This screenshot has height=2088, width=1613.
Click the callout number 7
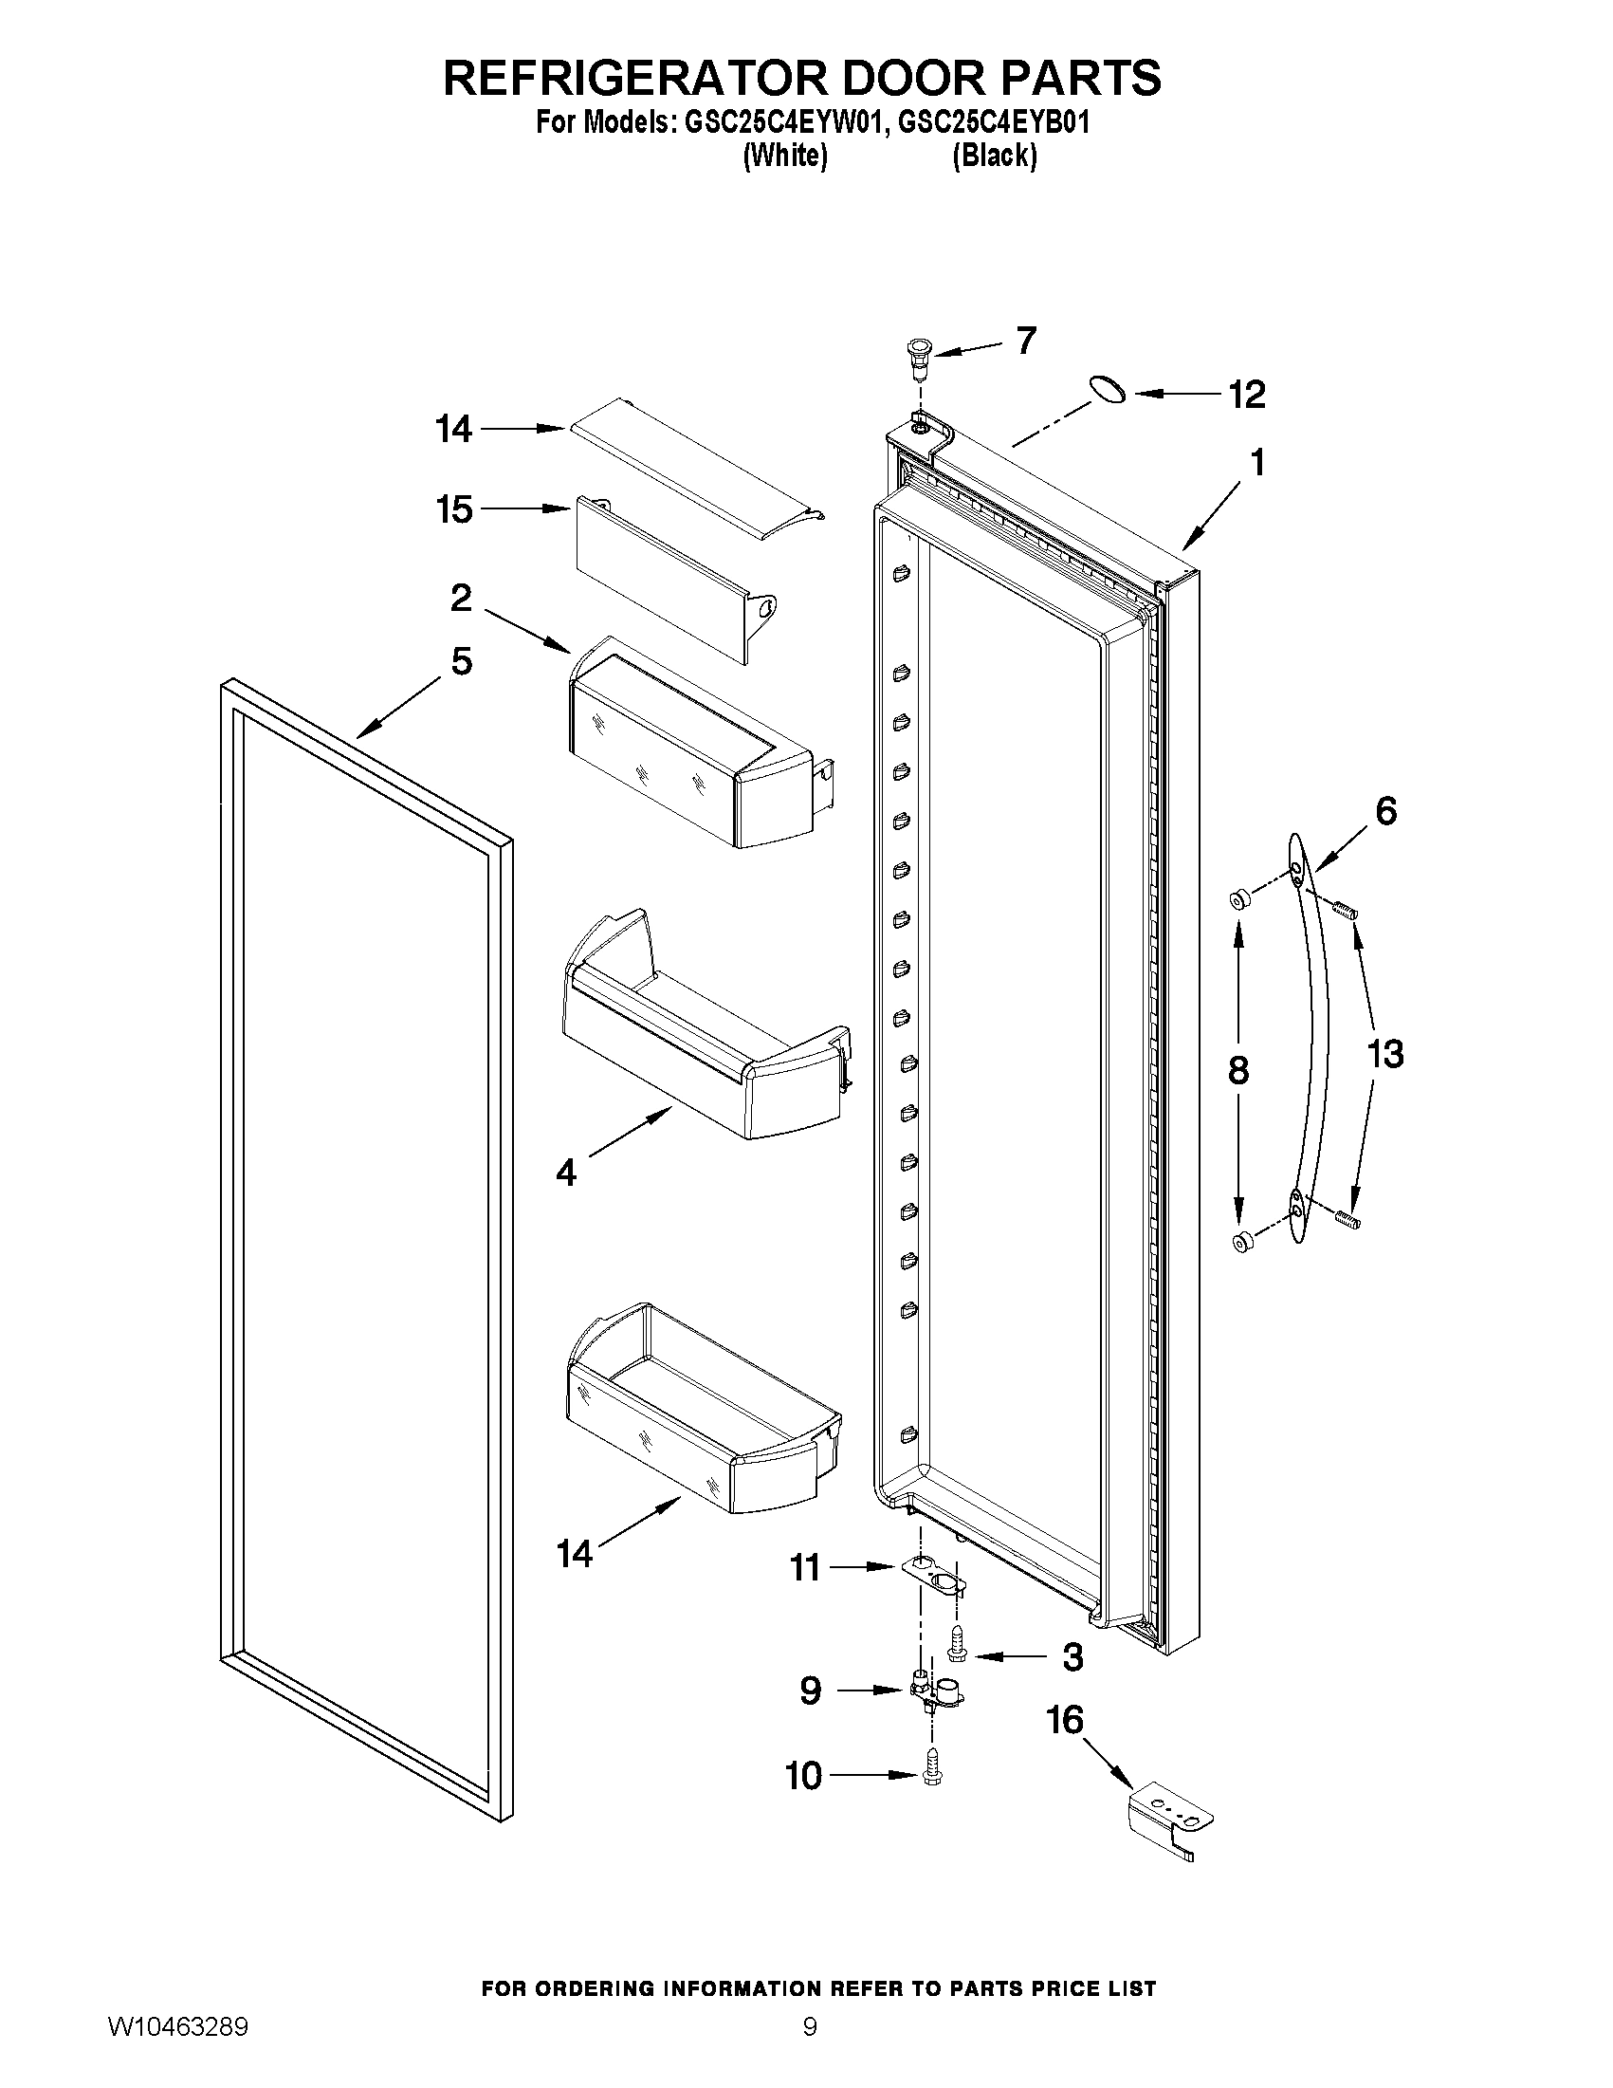1025,341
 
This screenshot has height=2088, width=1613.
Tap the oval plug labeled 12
1107,389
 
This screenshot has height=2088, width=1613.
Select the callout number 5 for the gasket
462,660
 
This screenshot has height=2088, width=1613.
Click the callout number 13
1384,1055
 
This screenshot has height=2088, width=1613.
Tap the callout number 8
1237,1070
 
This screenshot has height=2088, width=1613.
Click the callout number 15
454,509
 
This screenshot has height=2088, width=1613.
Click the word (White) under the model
785,156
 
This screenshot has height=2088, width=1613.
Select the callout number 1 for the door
1257,464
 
